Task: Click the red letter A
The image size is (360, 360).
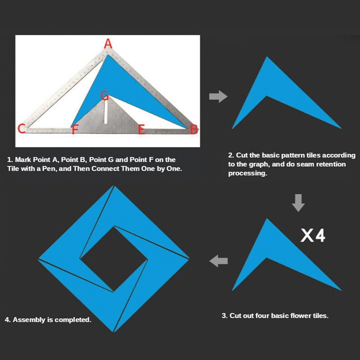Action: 108,44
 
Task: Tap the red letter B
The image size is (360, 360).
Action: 194,129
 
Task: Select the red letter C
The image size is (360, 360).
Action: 21,129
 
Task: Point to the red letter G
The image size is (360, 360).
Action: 105,96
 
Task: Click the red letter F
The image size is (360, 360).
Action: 75,129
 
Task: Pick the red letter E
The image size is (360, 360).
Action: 141,129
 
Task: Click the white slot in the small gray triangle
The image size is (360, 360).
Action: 106,112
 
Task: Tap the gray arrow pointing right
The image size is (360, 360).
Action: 218,96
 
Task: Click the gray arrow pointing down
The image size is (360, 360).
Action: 298,203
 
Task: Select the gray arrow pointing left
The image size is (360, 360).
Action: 218,261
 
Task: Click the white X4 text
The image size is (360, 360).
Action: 313,235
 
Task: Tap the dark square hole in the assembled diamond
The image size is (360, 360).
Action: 114,259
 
